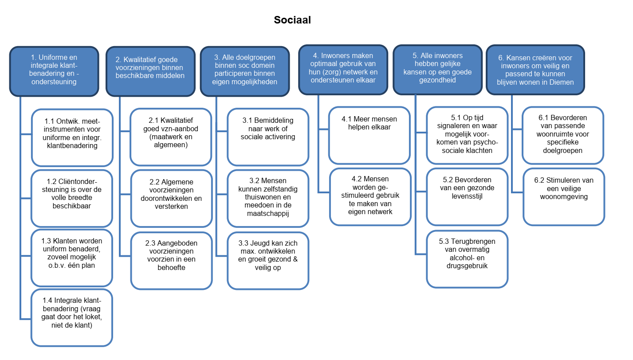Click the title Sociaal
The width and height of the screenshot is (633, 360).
(x=292, y=20)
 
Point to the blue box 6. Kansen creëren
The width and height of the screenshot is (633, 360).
(x=535, y=70)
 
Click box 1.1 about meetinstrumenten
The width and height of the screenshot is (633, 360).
(x=71, y=137)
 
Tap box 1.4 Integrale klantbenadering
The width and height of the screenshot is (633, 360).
(x=71, y=317)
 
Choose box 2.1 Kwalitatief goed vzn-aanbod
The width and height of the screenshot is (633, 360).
(x=171, y=137)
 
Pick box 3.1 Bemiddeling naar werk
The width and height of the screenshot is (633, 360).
(x=267, y=137)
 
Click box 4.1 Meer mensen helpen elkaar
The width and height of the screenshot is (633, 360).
(x=369, y=135)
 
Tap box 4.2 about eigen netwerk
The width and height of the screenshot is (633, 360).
(x=370, y=196)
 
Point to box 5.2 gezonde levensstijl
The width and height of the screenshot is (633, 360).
(x=467, y=196)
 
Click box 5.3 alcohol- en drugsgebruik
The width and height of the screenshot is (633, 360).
(x=467, y=258)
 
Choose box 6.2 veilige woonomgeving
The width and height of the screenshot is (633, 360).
(x=563, y=196)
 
